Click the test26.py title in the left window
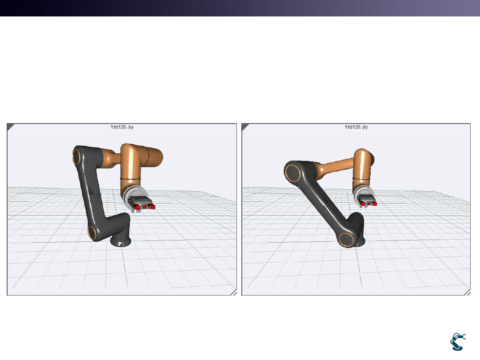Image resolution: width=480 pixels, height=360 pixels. (x=122, y=127)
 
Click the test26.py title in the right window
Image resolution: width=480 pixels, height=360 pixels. (x=356, y=127)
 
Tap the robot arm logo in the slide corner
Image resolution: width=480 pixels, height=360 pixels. (x=458, y=342)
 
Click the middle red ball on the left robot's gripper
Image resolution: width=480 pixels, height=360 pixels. (x=145, y=207)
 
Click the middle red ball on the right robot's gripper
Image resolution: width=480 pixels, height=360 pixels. (x=369, y=204)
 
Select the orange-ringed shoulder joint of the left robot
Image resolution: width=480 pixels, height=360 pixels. (x=92, y=233)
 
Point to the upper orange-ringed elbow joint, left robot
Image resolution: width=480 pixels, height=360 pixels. (x=76, y=156)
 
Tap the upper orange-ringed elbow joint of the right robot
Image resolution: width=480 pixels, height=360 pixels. (x=292, y=173)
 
